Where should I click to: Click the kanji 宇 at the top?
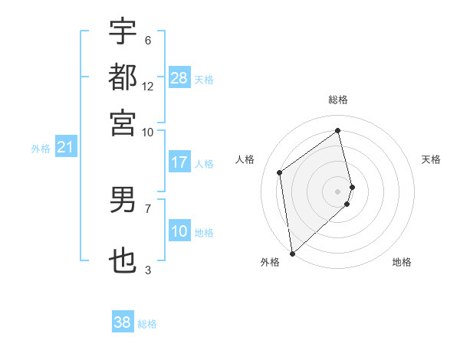point(123,31)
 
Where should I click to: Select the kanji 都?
point(123,77)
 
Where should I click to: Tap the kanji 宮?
point(123,122)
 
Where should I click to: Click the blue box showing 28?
point(179,78)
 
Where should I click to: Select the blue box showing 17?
point(179,162)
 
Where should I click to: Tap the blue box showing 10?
point(179,232)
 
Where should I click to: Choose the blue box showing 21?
point(64,147)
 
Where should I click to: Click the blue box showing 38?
point(123,322)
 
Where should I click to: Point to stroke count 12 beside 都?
point(148,86)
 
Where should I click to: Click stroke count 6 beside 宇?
point(148,41)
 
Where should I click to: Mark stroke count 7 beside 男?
point(148,208)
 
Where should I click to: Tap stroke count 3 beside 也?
point(148,270)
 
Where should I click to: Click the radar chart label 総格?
point(338,100)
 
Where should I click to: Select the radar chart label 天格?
point(432,159)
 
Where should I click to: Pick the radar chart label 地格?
point(402,263)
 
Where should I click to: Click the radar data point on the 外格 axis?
point(292,253)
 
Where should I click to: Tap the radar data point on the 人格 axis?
point(280,172)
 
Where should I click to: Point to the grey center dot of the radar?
point(338,191)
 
